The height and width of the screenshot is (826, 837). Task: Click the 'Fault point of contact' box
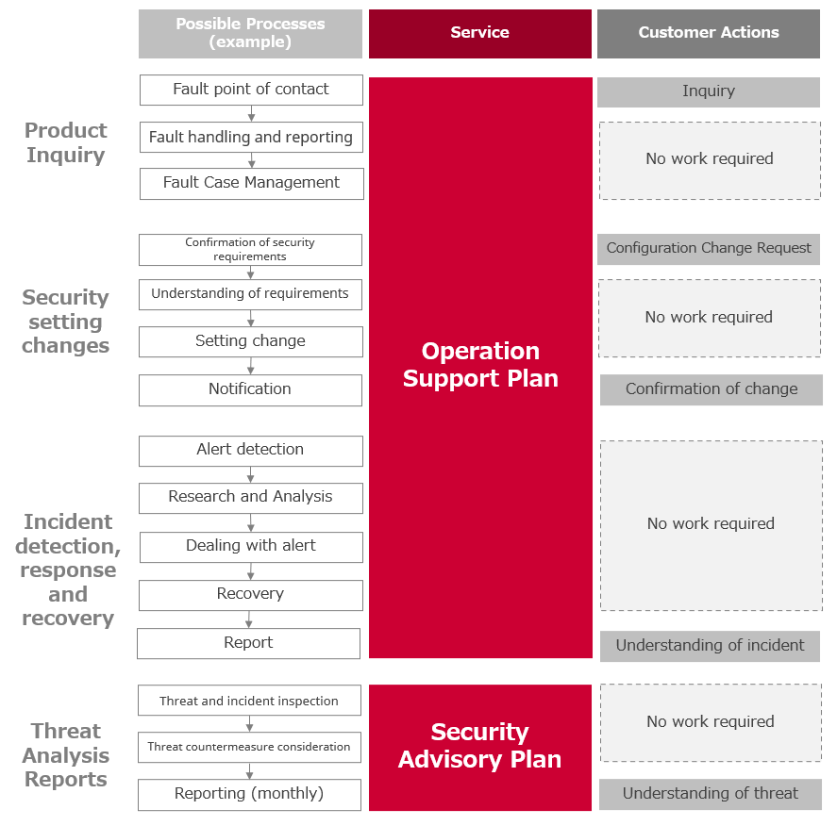click(x=251, y=90)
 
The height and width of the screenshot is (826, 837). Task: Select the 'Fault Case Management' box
click(x=251, y=184)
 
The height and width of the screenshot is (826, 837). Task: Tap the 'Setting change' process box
click(x=250, y=341)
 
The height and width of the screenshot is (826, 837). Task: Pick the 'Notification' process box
click(x=250, y=389)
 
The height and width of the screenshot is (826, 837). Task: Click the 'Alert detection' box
click(x=250, y=451)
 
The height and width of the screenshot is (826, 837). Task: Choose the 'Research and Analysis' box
click(x=250, y=498)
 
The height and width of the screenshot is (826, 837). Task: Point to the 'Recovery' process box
click(x=250, y=595)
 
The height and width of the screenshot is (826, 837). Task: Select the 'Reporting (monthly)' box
click(x=249, y=795)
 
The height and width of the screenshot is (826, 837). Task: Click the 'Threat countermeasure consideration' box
click(x=249, y=747)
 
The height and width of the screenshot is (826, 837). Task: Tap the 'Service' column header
click(x=480, y=34)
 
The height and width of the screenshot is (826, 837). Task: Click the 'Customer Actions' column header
click(x=709, y=34)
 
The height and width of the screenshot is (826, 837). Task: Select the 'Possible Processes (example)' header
click(x=250, y=34)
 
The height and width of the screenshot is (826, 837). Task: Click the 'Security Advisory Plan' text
click(x=480, y=746)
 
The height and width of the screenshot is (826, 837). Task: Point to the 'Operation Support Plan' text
click(x=480, y=365)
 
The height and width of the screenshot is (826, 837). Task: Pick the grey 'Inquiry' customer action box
click(x=709, y=92)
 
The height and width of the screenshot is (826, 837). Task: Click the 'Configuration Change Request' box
click(x=709, y=249)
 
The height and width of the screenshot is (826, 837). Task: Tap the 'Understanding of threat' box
click(x=710, y=795)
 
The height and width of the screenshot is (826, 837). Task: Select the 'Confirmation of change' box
click(x=711, y=389)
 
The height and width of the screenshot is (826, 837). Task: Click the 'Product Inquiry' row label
click(x=66, y=142)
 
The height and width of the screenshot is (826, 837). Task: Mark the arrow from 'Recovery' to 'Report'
click(x=249, y=619)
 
